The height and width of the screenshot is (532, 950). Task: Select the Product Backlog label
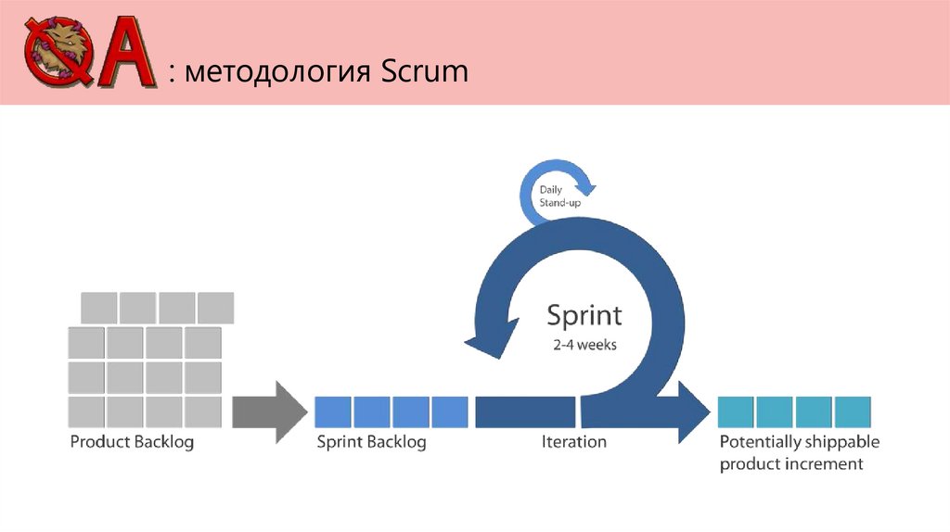click(x=132, y=442)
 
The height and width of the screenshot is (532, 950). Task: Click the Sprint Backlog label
click(x=371, y=442)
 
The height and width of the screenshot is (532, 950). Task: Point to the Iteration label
click(x=573, y=442)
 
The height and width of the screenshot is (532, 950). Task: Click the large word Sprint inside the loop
click(x=584, y=315)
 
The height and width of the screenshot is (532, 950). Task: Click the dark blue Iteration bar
click(x=526, y=412)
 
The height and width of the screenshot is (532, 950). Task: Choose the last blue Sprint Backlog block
click(x=450, y=412)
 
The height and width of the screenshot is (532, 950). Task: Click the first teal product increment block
click(x=736, y=412)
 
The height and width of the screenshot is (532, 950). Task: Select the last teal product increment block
click(x=853, y=412)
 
